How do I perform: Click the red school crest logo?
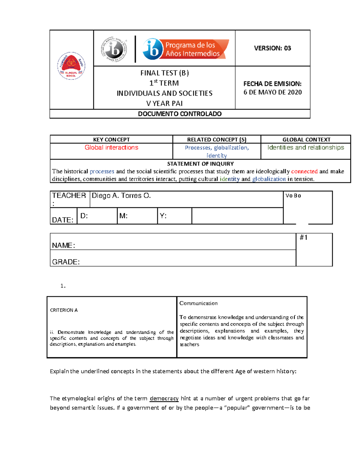pos(71,66)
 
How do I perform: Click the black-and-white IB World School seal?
pos(114,49)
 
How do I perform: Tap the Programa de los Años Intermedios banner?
pos(186,49)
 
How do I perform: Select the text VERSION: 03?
pos(272,48)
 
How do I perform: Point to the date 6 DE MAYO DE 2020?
pos(272,92)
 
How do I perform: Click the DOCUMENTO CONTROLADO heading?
pos(180,114)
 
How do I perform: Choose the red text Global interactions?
pos(111,148)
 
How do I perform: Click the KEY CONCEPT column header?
pos(111,140)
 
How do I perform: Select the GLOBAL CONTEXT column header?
pos(306,140)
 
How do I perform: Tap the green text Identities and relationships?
pos(306,148)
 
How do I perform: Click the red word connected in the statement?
pos(304,171)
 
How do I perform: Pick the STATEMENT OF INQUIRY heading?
pos(200,164)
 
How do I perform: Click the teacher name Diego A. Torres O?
pos(121,196)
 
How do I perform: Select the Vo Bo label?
pos(293,196)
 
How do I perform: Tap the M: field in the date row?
pos(124,216)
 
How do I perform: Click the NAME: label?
pos(64,245)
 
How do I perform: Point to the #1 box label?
pos(304,238)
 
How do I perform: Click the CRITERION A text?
pos(64,310)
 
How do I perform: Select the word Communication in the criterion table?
pos(198,303)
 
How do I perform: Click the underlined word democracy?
pos(164,398)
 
